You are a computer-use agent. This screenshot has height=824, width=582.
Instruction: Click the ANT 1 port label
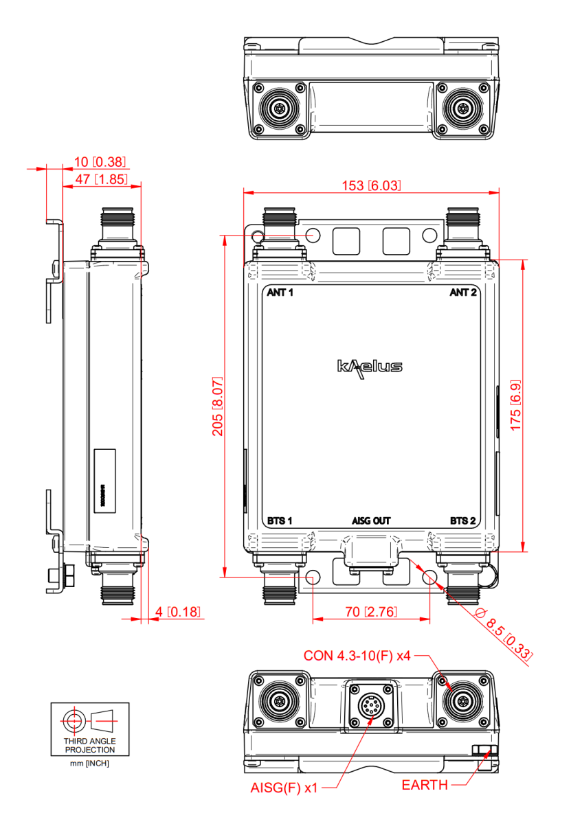click(280, 293)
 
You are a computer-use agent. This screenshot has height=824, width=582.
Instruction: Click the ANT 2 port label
click(463, 293)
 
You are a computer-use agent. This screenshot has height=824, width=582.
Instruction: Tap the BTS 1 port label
click(280, 520)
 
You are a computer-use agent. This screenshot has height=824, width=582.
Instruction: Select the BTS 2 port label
click(463, 520)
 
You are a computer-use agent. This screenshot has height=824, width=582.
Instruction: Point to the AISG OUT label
click(372, 520)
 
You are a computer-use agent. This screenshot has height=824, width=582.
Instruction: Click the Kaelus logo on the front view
click(370, 366)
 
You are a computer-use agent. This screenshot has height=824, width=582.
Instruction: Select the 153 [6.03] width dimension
click(371, 185)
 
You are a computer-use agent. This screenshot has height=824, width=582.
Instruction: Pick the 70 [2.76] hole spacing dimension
click(371, 612)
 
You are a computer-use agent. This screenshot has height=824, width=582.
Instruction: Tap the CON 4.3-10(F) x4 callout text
click(357, 656)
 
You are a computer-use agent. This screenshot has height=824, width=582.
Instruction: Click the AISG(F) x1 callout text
click(284, 788)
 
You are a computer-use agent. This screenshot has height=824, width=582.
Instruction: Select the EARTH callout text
click(425, 785)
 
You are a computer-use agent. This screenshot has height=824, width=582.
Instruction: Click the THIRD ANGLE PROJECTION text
click(90, 746)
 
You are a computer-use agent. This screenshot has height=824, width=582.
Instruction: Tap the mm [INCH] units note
click(90, 764)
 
